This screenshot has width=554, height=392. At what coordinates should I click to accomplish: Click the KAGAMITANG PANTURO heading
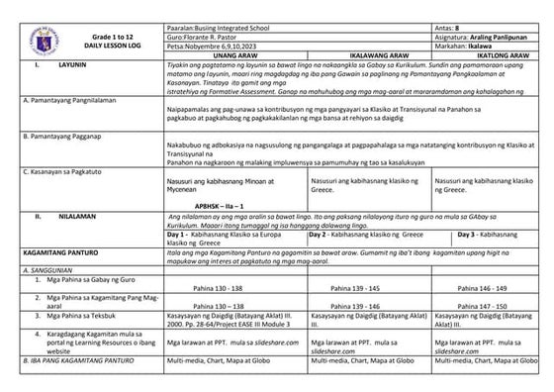(x=59, y=255)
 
